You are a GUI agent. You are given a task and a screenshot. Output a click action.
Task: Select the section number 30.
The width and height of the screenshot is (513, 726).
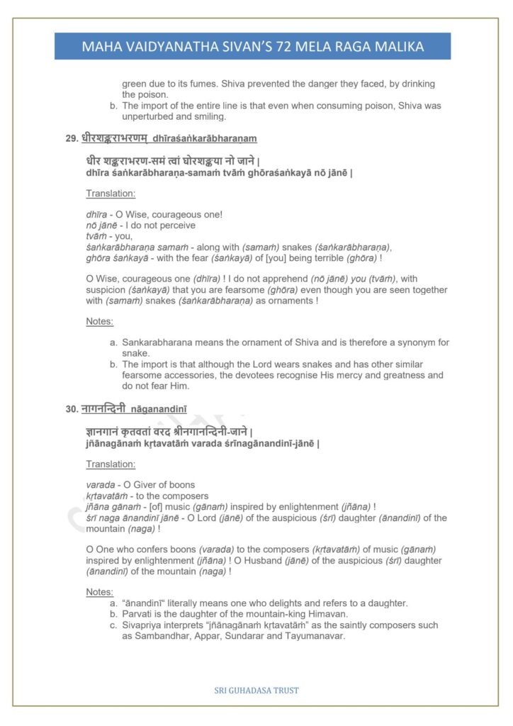tap(71, 409)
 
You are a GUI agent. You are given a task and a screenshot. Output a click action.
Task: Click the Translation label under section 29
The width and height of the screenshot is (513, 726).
tap(111, 193)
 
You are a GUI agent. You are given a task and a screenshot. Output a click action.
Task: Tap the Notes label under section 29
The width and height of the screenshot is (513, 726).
tap(100, 321)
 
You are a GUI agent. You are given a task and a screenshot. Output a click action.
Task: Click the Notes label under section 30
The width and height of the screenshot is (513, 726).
tap(100, 591)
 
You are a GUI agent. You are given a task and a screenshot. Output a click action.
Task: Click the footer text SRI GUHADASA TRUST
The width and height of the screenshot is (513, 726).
tap(256, 689)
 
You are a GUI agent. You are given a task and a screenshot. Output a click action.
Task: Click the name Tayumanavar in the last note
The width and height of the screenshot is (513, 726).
tap(310, 636)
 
